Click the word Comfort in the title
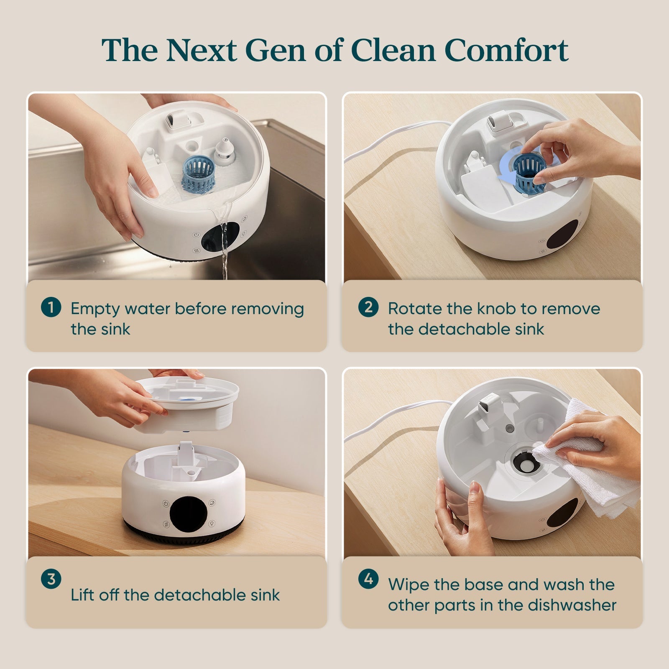506,50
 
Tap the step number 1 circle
51,308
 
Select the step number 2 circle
368,308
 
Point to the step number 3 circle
51,579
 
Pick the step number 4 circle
368,579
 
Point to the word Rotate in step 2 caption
415,309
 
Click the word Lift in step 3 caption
82,595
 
